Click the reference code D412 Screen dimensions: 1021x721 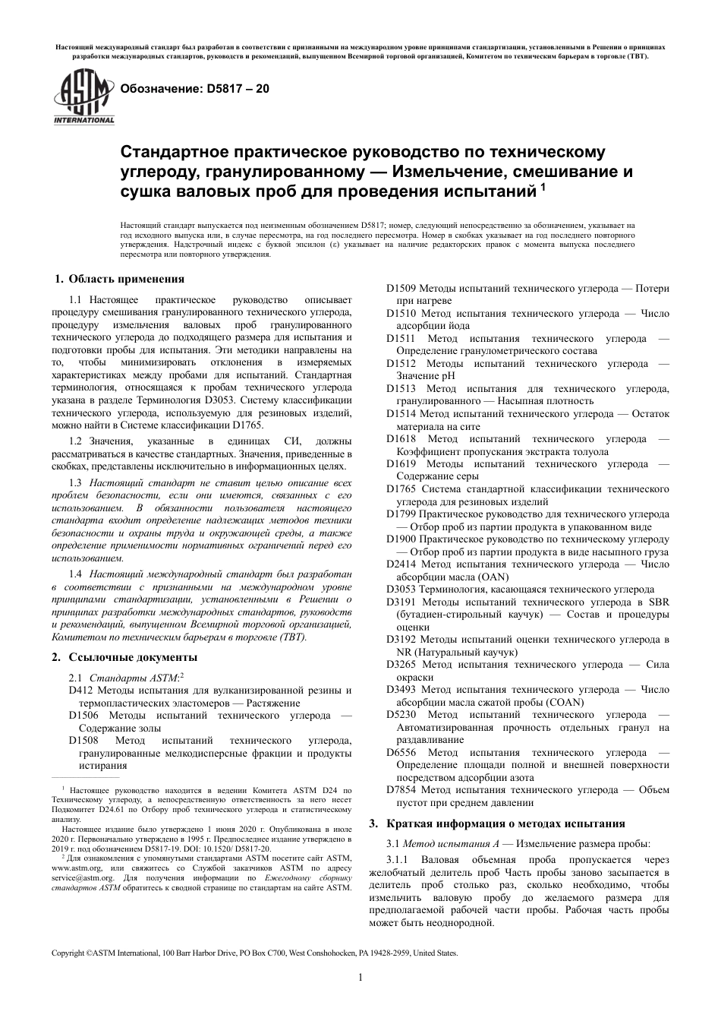click(80, 690)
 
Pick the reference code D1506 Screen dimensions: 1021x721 click(83, 715)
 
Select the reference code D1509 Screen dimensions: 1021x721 click(400, 289)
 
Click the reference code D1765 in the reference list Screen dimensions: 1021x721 click(401, 489)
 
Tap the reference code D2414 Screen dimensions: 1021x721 click(401, 564)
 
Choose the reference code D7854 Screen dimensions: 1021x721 click(401, 790)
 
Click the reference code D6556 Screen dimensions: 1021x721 click(401, 752)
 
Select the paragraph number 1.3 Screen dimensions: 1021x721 click(75, 483)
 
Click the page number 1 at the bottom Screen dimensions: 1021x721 click(360, 978)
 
